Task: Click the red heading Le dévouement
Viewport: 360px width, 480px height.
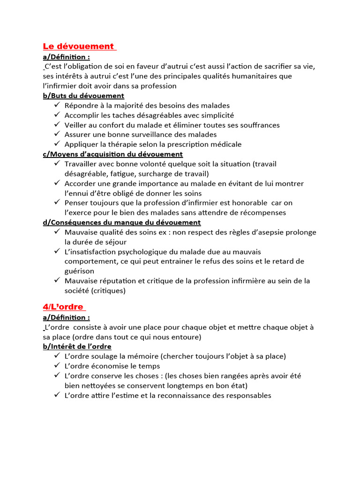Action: coord(78,46)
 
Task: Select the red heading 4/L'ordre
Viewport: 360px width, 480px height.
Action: coord(63,307)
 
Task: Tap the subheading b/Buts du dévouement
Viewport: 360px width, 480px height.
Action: coord(83,96)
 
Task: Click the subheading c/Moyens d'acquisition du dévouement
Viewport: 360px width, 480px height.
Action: coord(112,154)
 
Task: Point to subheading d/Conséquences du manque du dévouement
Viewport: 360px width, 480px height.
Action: coord(121,222)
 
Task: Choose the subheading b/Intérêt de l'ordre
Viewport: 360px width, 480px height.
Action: coord(77,346)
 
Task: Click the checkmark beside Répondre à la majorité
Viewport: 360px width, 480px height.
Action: coord(57,105)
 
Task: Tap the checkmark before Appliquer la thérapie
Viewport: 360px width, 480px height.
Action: coord(57,144)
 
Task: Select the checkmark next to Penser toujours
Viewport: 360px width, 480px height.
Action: coord(57,202)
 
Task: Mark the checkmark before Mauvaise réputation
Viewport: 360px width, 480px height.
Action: coord(57,281)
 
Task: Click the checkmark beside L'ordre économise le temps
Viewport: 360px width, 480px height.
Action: coord(57,366)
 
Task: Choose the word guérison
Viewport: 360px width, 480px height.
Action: coord(79,271)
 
